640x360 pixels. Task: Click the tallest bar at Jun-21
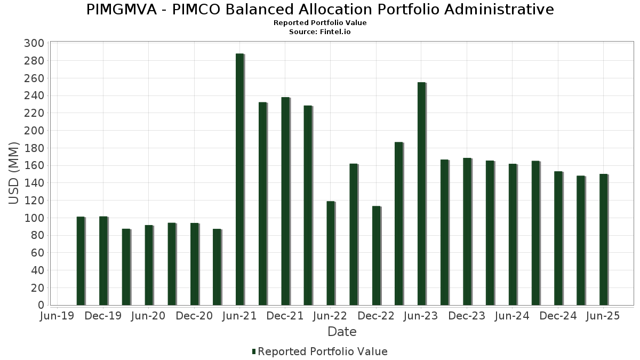(x=239, y=180)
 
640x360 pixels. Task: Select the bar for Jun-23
(x=421, y=194)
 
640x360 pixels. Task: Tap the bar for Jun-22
(x=331, y=253)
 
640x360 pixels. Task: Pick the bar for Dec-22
(x=376, y=255)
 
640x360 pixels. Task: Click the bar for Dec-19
(x=103, y=261)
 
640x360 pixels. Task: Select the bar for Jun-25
(x=603, y=239)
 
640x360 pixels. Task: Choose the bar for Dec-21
(x=285, y=201)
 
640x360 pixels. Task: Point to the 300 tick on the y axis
(x=34, y=43)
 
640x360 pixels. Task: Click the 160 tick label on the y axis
(x=34, y=165)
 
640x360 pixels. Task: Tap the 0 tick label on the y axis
(x=40, y=305)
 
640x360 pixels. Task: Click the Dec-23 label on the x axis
(x=467, y=316)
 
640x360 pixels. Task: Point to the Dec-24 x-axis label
(x=558, y=316)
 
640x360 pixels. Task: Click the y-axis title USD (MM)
(x=14, y=174)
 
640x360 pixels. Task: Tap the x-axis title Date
(x=342, y=332)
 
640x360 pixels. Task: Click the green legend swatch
(x=254, y=351)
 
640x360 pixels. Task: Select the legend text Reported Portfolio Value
(x=323, y=351)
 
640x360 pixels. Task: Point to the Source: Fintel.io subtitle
(x=320, y=32)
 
